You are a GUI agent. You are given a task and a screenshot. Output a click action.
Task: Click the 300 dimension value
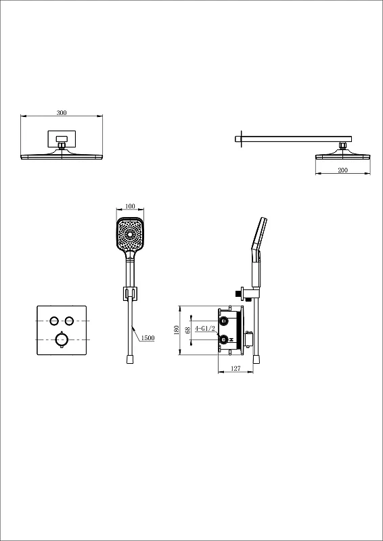click(x=62, y=112)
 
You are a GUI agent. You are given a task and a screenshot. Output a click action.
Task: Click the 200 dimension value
click(x=343, y=170)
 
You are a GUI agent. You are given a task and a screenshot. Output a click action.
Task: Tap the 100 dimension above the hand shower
click(x=130, y=206)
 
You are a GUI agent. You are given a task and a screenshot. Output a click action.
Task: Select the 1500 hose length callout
click(x=148, y=338)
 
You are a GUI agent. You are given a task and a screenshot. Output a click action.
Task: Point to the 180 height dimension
click(x=177, y=330)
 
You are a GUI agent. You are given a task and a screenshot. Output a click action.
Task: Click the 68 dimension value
click(x=188, y=330)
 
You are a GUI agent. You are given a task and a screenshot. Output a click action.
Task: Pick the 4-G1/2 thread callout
click(x=205, y=329)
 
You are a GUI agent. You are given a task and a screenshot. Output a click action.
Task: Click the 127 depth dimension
click(x=235, y=369)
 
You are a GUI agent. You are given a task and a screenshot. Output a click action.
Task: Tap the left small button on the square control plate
click(x=54, y=321)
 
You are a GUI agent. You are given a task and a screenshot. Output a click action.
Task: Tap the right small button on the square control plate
click(x=70, y=321)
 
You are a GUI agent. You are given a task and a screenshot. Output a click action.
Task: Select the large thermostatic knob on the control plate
click(x=62, y=340)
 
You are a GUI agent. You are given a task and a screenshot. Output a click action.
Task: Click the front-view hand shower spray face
click(x=130, y=235)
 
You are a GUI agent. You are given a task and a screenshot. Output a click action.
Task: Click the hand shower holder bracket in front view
click(x=130, y=293)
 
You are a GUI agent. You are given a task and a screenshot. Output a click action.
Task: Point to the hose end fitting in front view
click(x=130, y=360)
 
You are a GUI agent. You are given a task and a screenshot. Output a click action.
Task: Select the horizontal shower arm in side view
click(x=294, y=139)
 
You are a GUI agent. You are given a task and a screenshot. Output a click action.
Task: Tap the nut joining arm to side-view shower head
click(x=342, y=145)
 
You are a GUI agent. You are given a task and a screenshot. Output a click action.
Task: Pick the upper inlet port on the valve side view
click(x=225, y=321)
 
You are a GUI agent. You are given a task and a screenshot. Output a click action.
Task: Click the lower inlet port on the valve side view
click(x=225, y=339)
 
